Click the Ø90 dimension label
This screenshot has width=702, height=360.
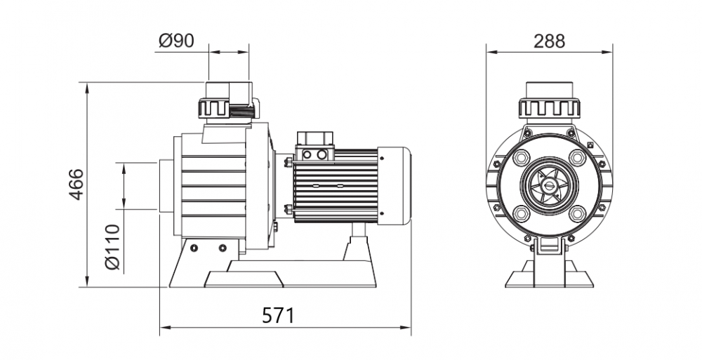click(x=176, y=40)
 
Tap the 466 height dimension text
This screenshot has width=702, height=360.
click(x=76, y=184)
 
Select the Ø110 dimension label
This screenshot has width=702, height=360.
click(x=112, y=247)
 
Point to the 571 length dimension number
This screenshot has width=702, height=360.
click(x=279, y=316)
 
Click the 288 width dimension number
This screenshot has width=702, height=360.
click(x=550, y=41)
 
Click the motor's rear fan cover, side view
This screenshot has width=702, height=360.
click(x=395, y=186)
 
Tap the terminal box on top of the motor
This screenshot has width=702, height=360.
click(x=315, y=145)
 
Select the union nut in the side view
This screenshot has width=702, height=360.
click(x=229, y=108)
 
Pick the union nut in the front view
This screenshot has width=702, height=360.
click(x=550, y=108)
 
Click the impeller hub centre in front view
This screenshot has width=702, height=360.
click(x=549, y=185)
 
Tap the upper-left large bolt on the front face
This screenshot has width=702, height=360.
click(x=522, y=156)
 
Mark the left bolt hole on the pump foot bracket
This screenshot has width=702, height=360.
click(x=194, y=248)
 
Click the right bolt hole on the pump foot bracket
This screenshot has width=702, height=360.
click(x=223, y=248)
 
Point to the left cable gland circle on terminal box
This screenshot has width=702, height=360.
click(x=307, y=155)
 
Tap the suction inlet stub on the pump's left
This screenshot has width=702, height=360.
click(x=166, y=186)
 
